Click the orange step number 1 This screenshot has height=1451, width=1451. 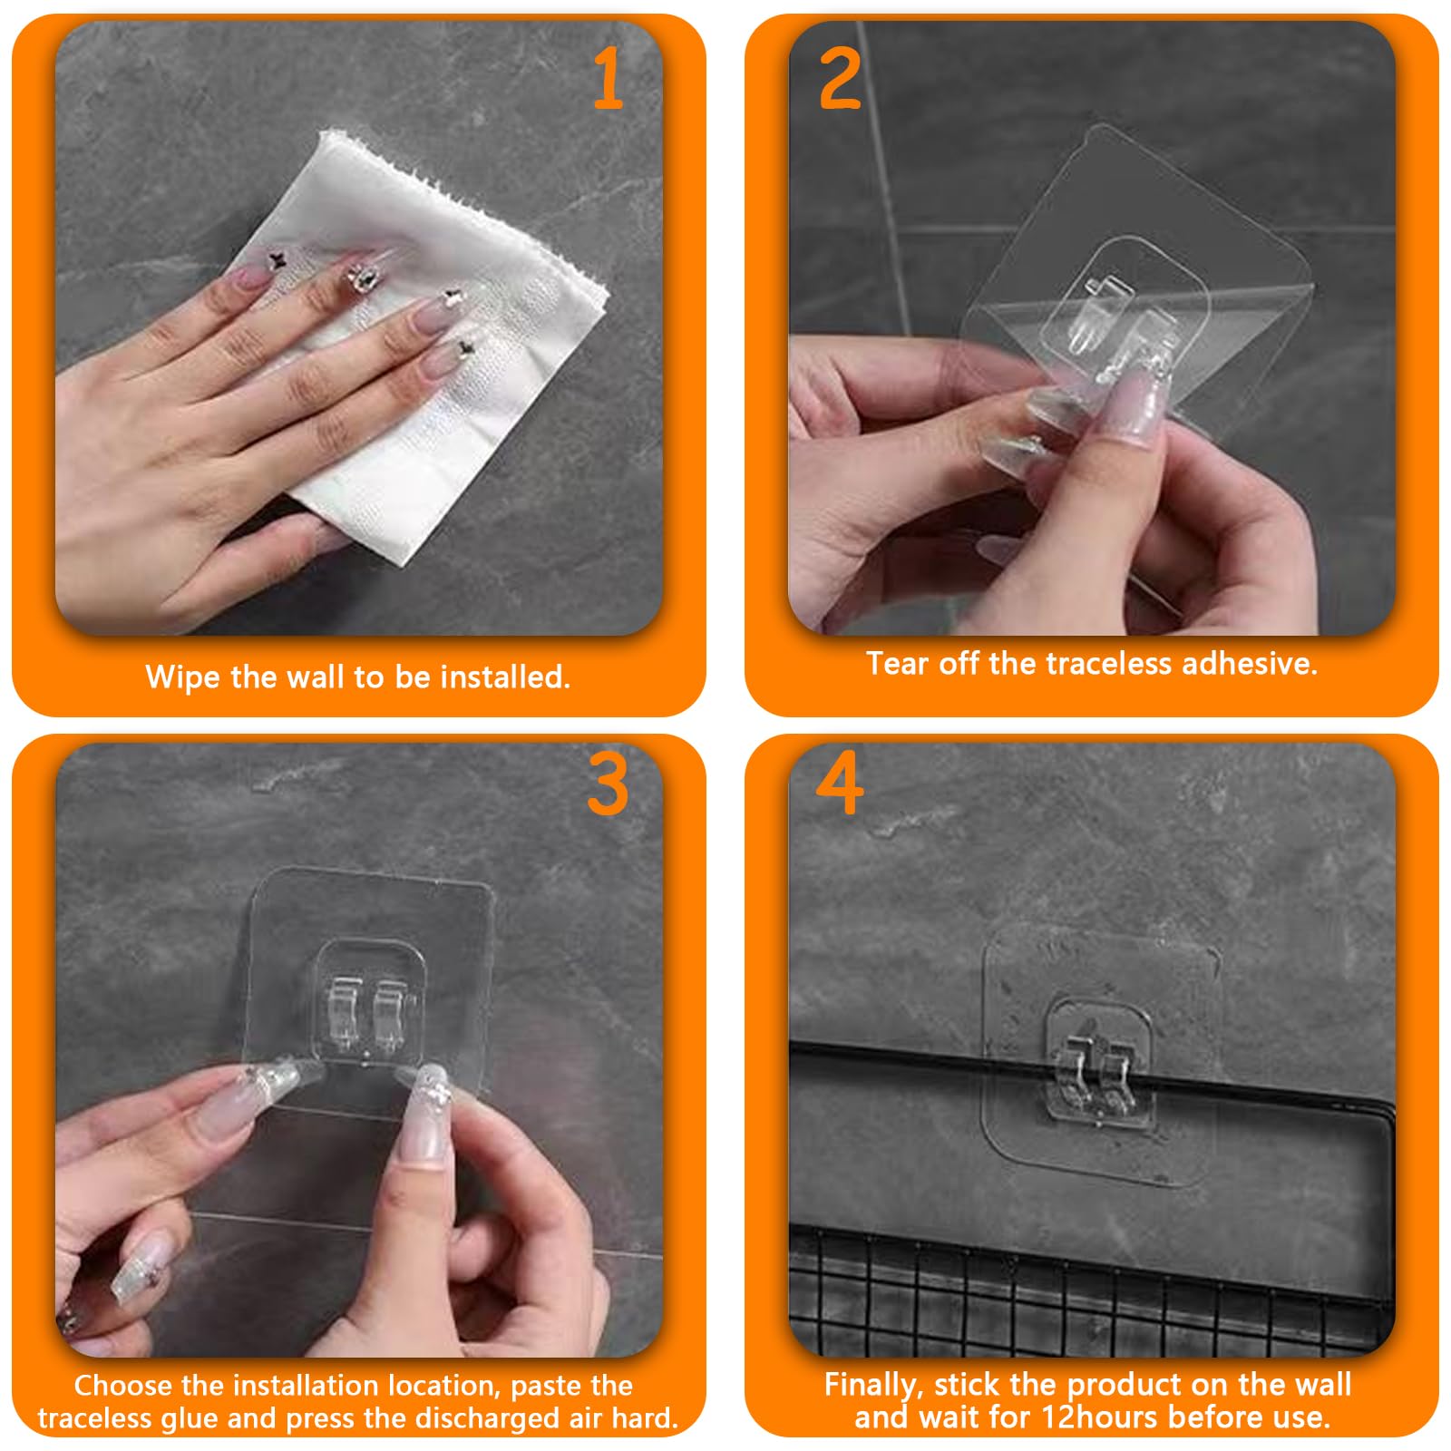[x=609, y=79]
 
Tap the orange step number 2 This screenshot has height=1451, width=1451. [x=839, y=79]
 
